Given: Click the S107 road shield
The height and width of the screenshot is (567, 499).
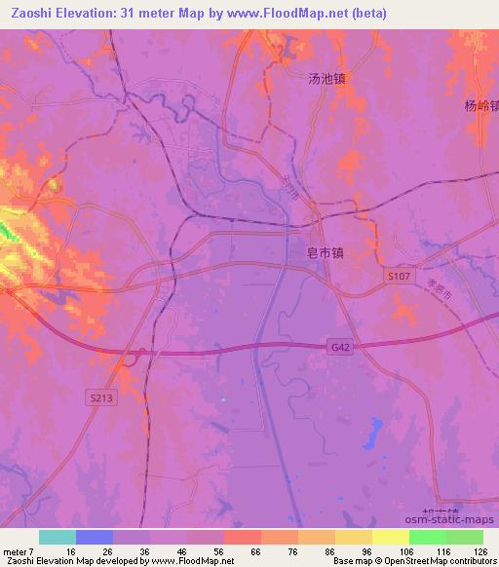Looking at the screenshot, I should coord(396,278).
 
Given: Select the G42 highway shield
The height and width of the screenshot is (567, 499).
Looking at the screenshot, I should coord(337,347).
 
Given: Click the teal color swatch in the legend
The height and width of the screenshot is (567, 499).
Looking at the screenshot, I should coord(57,537).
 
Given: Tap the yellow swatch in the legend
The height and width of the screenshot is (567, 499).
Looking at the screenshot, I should coord(390,537).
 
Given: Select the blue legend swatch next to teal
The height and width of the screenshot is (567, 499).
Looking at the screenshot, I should coord(94,537).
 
